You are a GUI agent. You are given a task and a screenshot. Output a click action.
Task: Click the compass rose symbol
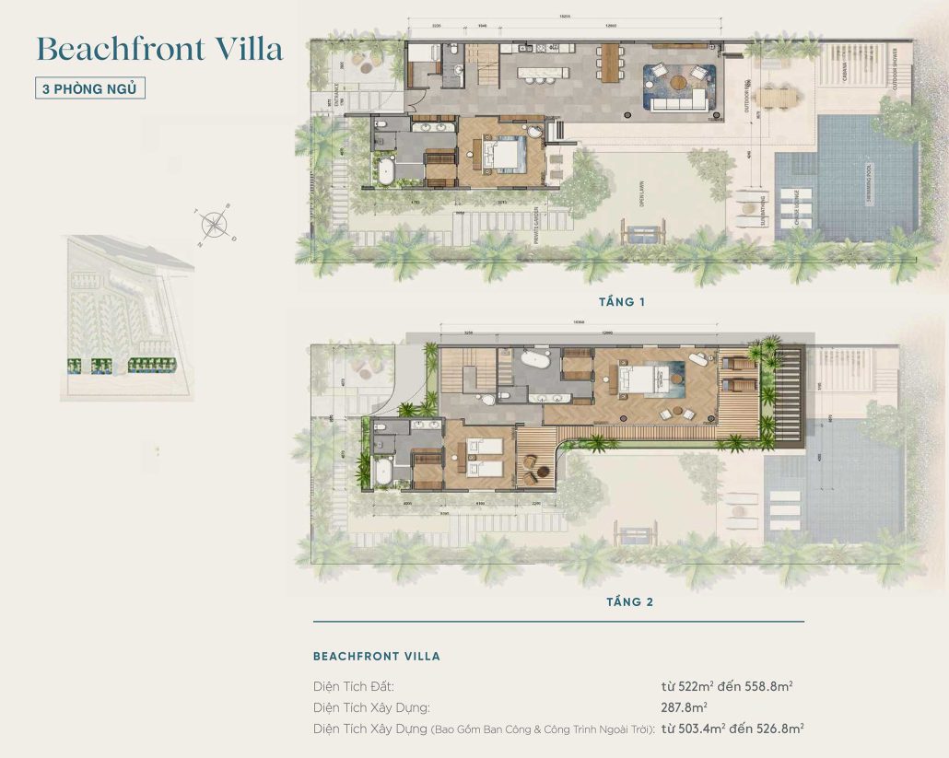tap(214, 225)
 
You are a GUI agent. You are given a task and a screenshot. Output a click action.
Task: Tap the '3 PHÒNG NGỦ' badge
tap(89, 89)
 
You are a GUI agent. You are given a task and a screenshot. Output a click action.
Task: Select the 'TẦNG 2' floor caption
tap(629, 601)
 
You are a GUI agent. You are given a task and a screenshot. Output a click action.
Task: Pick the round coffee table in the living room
tap(680, 82)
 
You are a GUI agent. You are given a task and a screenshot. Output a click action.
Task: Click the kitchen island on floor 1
tap(545, 70)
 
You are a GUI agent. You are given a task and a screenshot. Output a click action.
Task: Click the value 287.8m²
tap(684, 707)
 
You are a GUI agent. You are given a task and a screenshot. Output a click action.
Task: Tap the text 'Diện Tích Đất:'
tap(354, 686)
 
